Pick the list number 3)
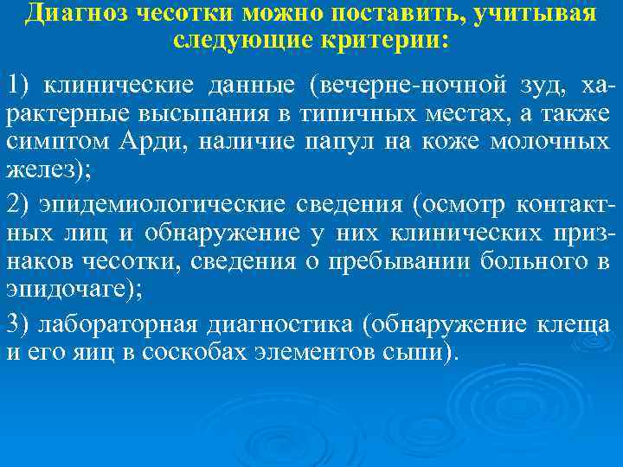[x=19, y=324]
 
